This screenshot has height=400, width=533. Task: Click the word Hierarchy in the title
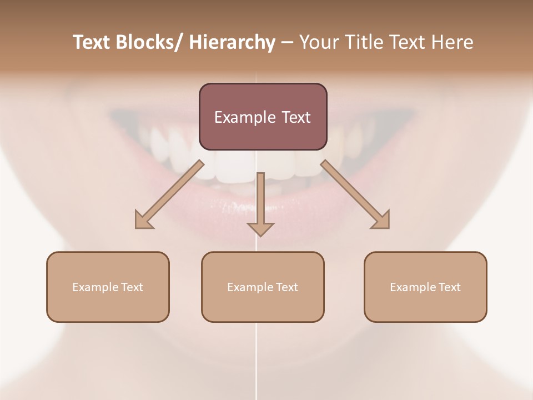(x=232, y=43)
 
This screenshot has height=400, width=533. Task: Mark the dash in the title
(x=287, y=43)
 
